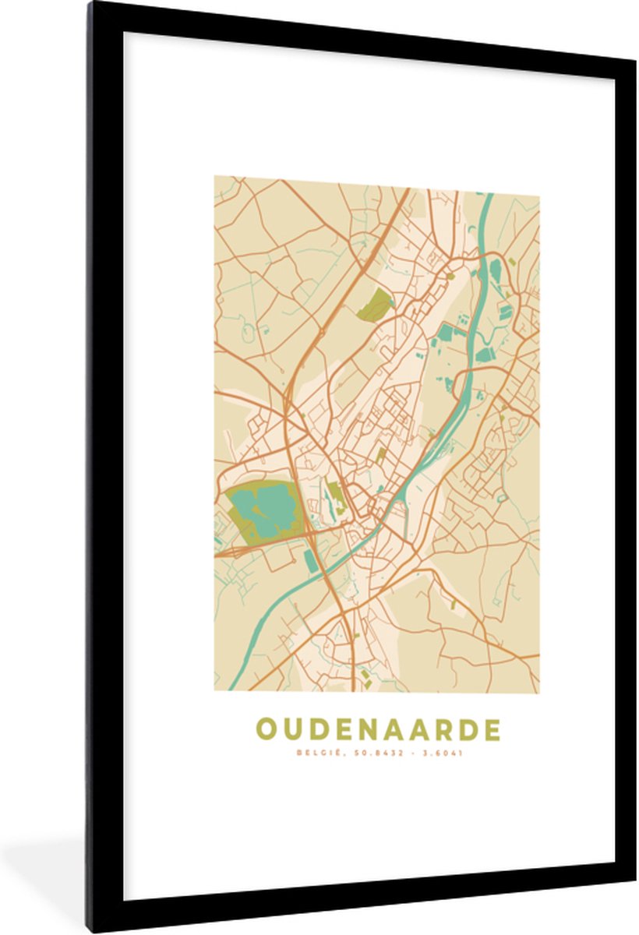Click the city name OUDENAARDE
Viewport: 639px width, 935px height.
tap(378, 729)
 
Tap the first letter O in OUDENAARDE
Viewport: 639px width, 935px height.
tap(266, 729)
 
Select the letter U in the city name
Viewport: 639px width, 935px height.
tap(291, 729)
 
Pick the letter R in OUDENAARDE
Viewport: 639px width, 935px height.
tap(441, 729)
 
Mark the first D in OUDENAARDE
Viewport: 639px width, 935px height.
tap(316, 729)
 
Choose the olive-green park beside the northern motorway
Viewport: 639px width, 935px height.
tap(376, 305)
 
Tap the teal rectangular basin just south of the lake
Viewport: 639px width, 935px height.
tap(310, 559)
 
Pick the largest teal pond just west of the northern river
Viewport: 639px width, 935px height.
tap(447, 333)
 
